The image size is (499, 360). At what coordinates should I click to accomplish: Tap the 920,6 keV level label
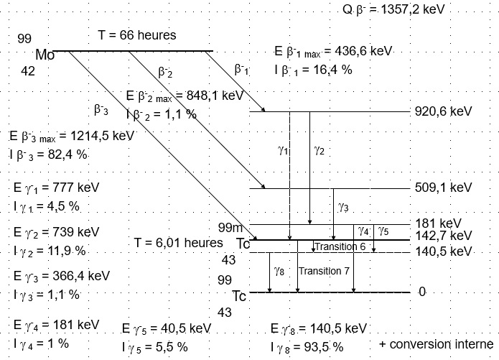coord(443,111)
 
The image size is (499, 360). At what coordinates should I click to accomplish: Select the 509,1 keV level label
coord(443,188)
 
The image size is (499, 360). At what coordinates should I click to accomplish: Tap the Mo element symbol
coord(45,55)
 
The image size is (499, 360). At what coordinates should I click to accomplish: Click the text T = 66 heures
coord(136,35)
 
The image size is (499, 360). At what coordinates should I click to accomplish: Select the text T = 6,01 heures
coord(179,243)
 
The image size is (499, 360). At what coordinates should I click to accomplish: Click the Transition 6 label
coord(340,246)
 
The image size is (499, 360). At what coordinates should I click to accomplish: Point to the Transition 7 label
coord(324,271)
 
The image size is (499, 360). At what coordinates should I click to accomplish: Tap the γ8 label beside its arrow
coord(279,270)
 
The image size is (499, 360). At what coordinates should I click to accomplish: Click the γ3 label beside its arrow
coord(343,208)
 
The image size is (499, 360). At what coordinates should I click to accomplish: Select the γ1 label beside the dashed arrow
coord(282,151)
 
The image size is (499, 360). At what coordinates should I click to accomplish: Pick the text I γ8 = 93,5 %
coord(307,346)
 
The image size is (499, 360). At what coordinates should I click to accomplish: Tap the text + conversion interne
coord(436,343)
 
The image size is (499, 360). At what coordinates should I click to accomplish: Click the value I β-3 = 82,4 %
coord(50,154)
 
